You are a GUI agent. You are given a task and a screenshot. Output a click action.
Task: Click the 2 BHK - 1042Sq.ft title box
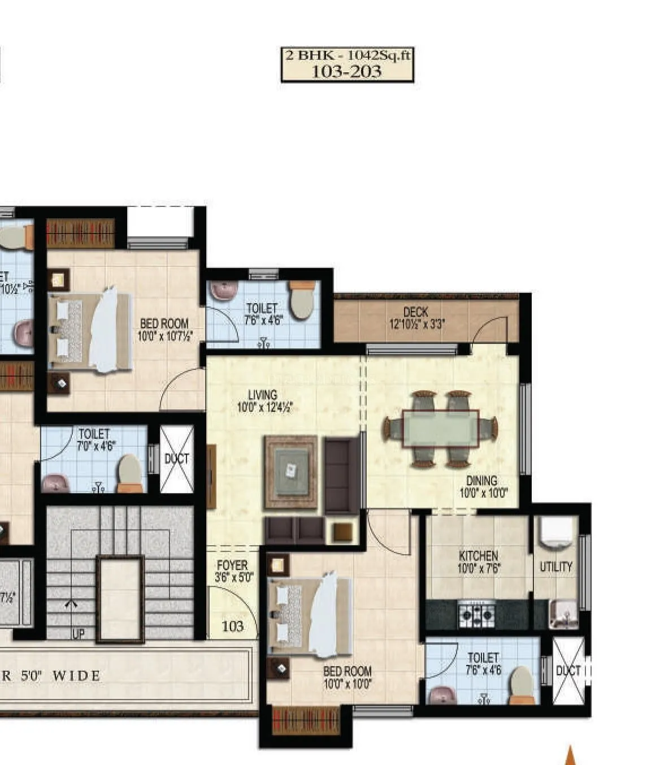pos(348,64)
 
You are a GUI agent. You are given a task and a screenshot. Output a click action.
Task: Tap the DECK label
pos(416,312)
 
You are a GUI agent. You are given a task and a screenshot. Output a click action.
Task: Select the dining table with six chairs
pos(440,429)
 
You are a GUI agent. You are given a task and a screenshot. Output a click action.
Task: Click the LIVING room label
pos(263,395)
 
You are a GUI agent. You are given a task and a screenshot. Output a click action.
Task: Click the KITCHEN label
pos(478,556)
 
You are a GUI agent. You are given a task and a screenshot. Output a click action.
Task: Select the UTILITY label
pos(556,567)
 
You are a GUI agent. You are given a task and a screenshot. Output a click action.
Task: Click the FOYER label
pos(232,565)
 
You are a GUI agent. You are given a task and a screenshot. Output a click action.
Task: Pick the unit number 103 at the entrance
pos(232,626)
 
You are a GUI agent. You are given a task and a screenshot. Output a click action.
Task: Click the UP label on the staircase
pos(78,634)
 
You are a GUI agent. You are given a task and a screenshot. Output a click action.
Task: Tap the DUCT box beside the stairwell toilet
pos(177,459)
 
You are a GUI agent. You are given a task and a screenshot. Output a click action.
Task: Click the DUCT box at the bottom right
pos(568,671)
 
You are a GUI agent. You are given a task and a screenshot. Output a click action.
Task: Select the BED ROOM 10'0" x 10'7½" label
pos(164,330)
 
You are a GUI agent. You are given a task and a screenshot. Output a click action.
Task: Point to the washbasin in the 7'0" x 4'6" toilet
pos(56,484)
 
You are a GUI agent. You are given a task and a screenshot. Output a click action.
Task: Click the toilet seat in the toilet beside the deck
pos(301,304)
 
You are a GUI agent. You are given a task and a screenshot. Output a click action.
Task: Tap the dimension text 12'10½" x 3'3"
pos(416,325)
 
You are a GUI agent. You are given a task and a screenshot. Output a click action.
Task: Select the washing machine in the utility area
pos(556,532)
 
